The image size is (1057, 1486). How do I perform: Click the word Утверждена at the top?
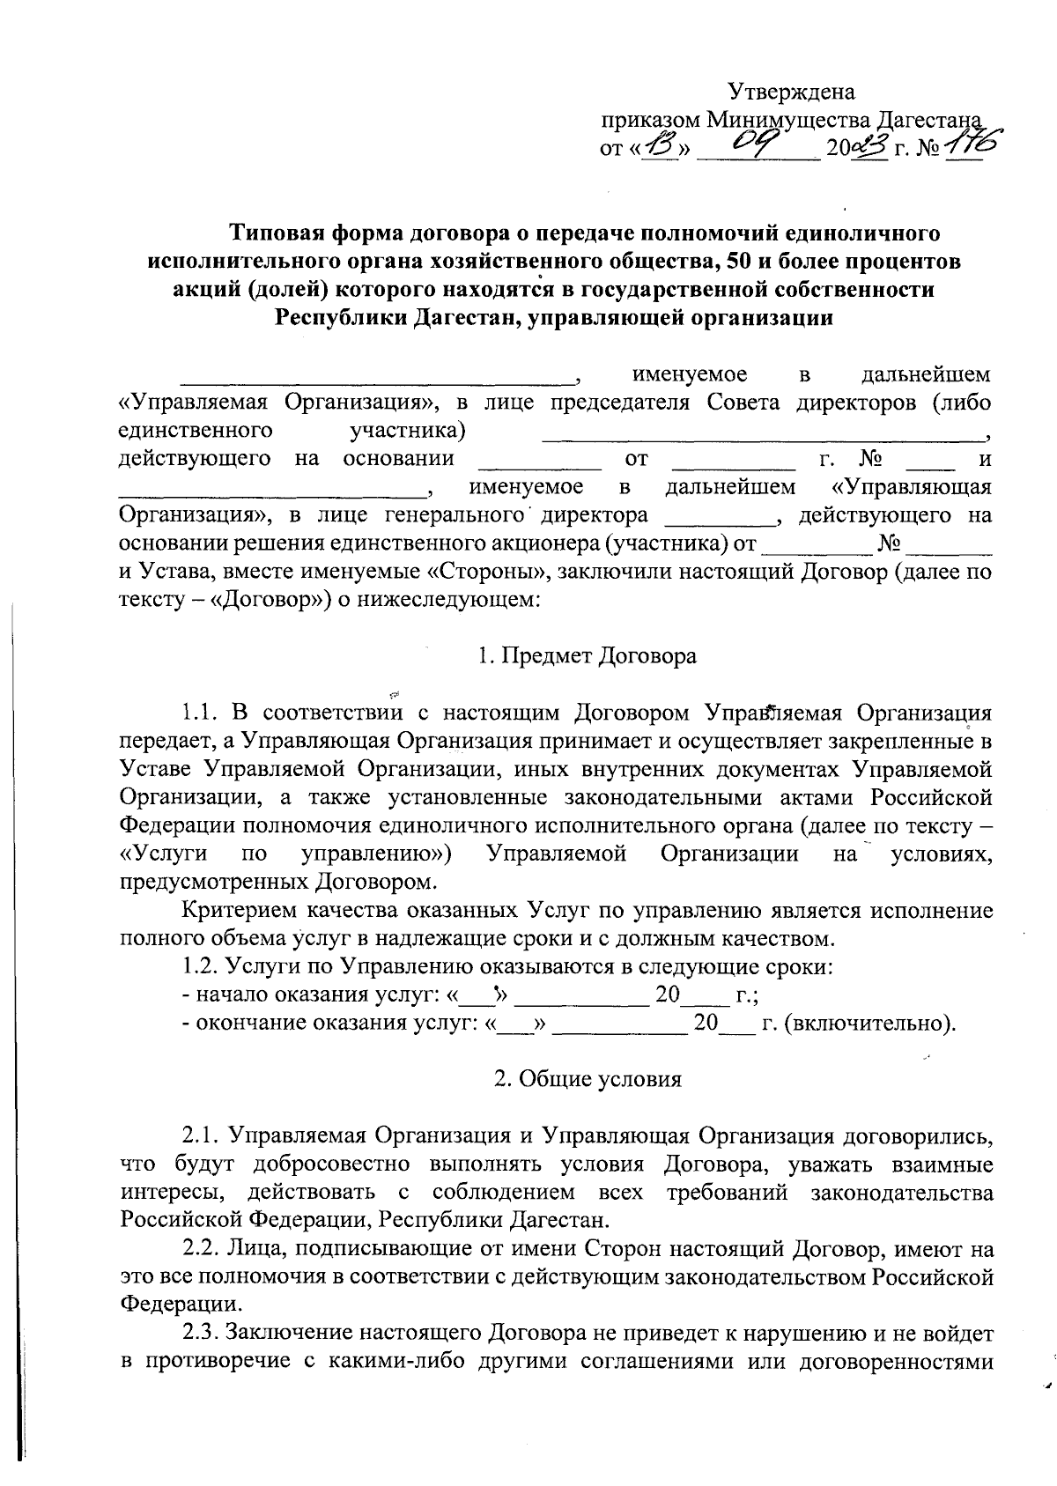tap(791, 92)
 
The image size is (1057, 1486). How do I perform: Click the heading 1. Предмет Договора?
tap(587, 656)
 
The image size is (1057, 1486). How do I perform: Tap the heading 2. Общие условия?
tap(588, 1079)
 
